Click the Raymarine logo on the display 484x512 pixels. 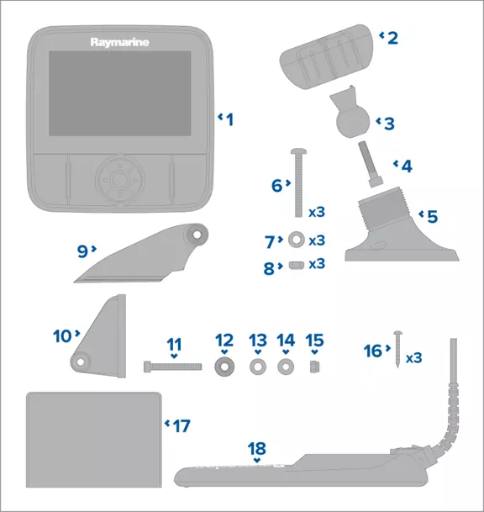coord(120,42)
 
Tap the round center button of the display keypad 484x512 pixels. coord(120,179)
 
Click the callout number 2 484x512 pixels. coord(392,38)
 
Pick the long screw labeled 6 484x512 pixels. coord(298,183)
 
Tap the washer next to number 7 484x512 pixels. coord(297,240)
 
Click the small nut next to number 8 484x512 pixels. coord(297,265)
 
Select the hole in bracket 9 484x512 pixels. coord(197,235)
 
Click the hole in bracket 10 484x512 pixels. coord(81,362)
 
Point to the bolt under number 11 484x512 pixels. coord(172,367)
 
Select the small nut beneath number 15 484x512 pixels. coord(314,367)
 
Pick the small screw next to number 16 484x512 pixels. coord(397,349)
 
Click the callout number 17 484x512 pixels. coord(181,425)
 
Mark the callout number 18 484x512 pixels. coord(257,449)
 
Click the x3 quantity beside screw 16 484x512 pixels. coord(413,358)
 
